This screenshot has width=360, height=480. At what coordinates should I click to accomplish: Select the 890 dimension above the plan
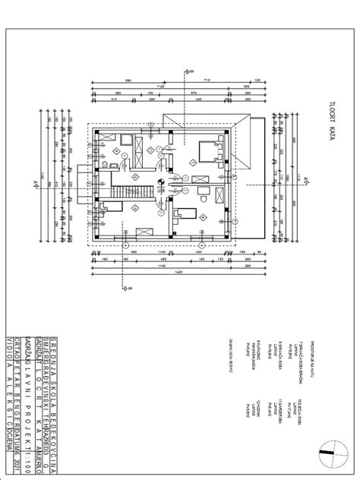pyautogui.click(x=128, y=80)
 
